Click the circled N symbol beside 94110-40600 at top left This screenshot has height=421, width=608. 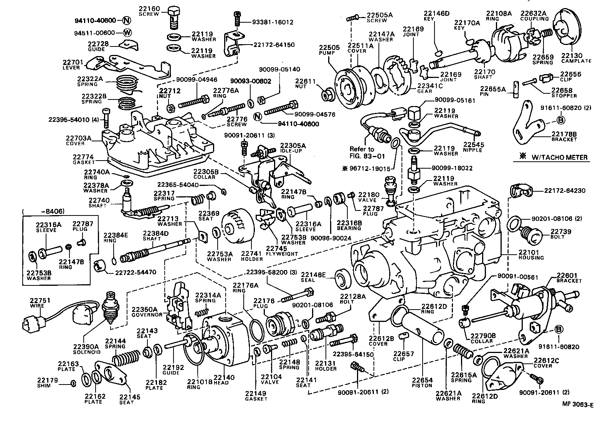pyautogui.click(x=127, y=20)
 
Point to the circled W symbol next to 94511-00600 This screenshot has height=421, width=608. pyautogui.click(x=127, y=33)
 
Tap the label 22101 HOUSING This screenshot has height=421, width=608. pyautogui.click(x=531, y=255)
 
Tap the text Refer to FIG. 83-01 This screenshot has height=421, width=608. pyautogui.click(x=362, y=152)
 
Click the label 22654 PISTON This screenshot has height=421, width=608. pyautogui.click(x=422, y=383)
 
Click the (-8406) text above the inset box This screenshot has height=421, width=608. pyautogui.click(x=43, y=211)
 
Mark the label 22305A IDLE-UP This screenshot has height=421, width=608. pyautogui.click(x=292, y=148)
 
